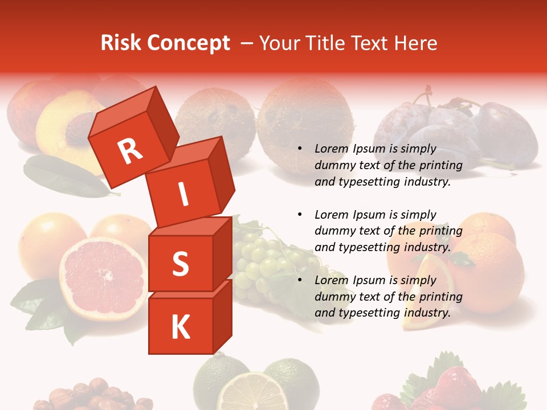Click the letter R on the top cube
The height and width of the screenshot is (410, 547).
130,151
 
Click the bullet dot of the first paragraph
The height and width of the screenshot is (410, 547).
300,149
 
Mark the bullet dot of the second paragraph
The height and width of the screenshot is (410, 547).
300,215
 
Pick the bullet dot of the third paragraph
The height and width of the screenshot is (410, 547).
300,281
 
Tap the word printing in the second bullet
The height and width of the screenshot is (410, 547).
442,231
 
